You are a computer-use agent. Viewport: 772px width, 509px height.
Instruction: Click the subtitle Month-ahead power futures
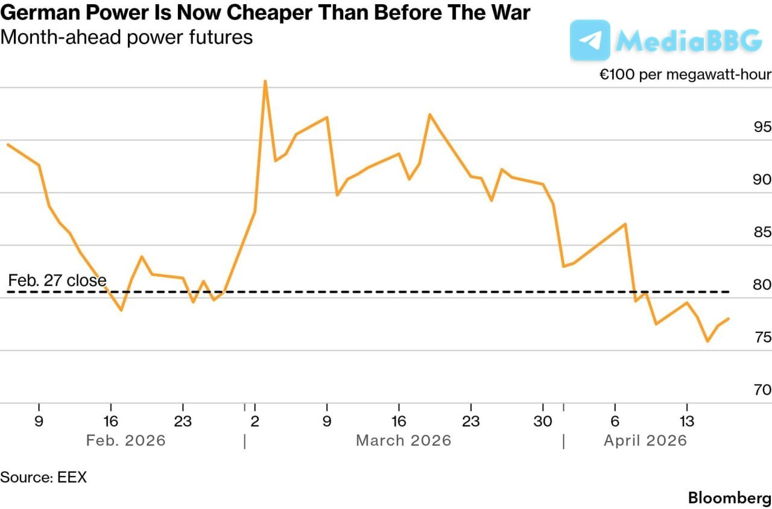point(127,37)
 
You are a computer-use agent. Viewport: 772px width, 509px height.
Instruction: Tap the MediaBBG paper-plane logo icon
point(589,40)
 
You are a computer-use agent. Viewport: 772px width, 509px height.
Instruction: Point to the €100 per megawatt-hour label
point(685,75)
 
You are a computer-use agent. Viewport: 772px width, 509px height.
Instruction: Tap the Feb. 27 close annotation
point(57,280)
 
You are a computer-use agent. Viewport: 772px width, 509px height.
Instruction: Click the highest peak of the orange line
point(265,81)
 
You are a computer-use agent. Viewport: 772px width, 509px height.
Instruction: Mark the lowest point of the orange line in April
point(707,341)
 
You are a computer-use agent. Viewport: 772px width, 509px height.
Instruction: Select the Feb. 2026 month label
point(125,440)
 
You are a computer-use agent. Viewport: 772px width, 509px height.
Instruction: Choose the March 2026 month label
point(403,440)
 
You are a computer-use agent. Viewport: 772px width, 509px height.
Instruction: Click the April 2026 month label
point(645,440)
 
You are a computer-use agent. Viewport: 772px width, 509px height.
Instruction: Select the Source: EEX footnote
point(43,477)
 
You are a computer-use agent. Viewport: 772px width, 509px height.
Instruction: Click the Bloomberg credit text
point(729,498)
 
